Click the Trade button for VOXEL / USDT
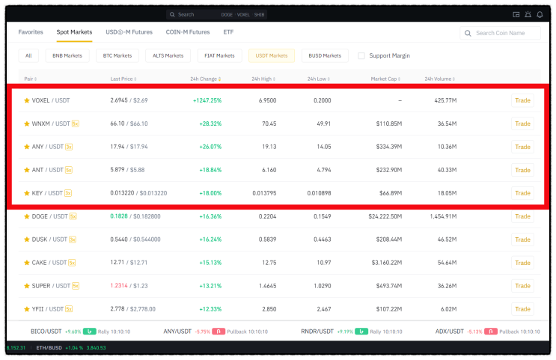(522, 100)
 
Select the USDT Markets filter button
(271, 55)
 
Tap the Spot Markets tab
(74, 32)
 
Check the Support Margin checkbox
(361, 55)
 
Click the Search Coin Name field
(500, 33)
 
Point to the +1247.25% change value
(207, 100)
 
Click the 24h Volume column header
(440, 79)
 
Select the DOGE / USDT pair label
(49, 216)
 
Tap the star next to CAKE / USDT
(27, 263)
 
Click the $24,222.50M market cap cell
(385, 216)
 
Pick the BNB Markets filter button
(67, 55)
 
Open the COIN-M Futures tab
(188, 32)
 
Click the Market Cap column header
(385, 79)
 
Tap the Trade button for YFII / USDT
(522, 309)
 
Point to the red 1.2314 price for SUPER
(119, 285)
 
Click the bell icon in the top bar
(540, 14)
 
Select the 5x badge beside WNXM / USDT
(75, 123)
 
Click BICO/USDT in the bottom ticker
(46, 332)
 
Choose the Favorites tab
(31, 32)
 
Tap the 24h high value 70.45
(269, 123)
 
